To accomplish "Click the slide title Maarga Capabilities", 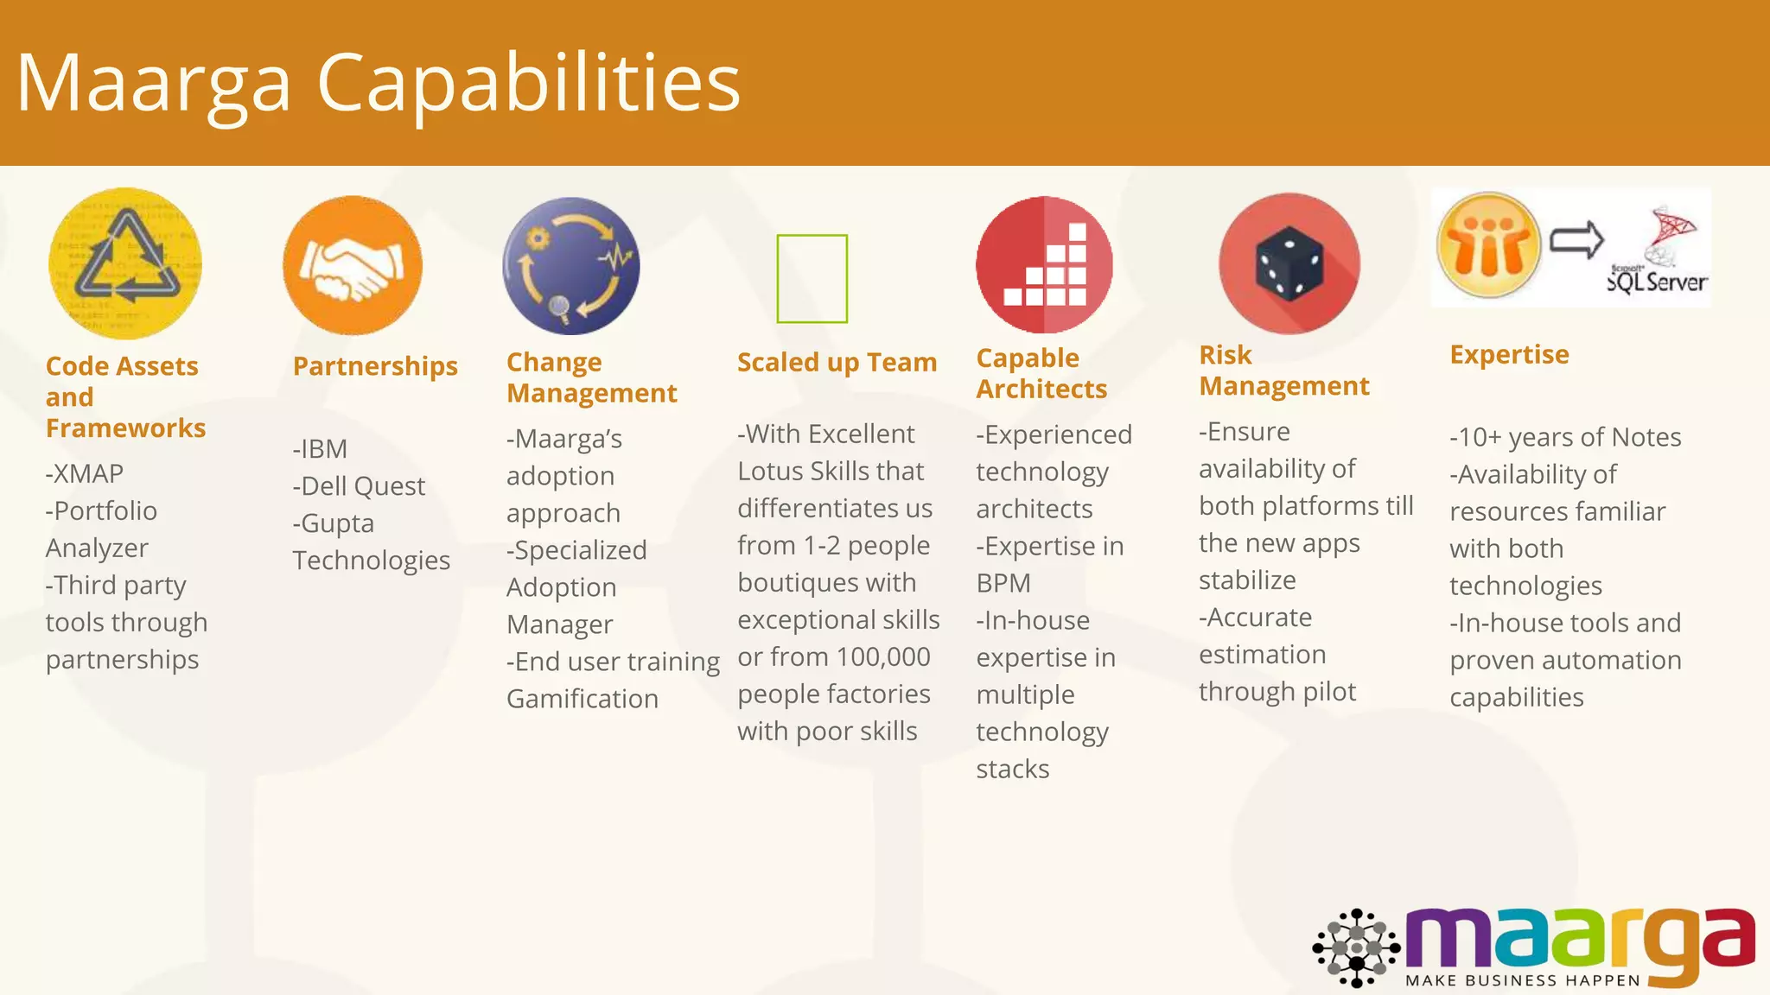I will click(x=379, y=83).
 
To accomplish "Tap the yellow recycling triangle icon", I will click(x=126, y=263).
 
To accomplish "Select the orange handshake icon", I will click(x=353, y=265).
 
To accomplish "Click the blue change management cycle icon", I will click(x=571, y=265).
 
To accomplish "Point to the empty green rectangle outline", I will click(x=812, y=278).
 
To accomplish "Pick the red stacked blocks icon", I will click(x=1044, y=264).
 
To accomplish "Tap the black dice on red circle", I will click(x=1289, y=263).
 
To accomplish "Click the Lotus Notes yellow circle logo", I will click(x=1488, y=245).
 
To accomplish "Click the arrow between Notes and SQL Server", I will click(x=1576, y=240).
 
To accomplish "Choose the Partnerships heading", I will click(x=375, y=366).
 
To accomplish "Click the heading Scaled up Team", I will click(x=837, y=362).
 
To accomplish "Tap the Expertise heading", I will click(x=1509, y=354).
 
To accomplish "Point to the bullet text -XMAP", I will click(x=85, y=473).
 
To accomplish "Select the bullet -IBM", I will click(x=320, y=449).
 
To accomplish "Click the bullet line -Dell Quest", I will click(x=359, y=486).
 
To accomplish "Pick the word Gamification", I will click(x=583, y=699).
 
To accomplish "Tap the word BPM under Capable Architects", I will click(x=1003, y=583).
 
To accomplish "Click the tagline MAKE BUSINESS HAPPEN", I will click(x=1523, y=980).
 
